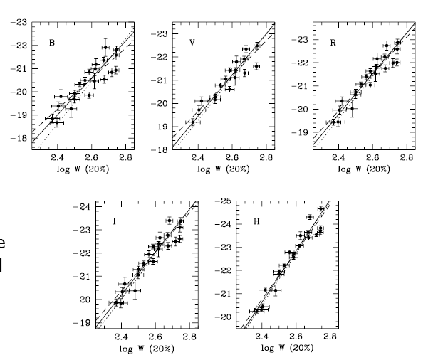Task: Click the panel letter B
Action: [51, 43]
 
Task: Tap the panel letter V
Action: [192, 43]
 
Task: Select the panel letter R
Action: [333, 43]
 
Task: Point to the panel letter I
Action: [115, 221]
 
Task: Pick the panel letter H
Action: [256, 221]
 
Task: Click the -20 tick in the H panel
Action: [224, 317]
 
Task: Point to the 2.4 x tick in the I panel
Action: [122, 337]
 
